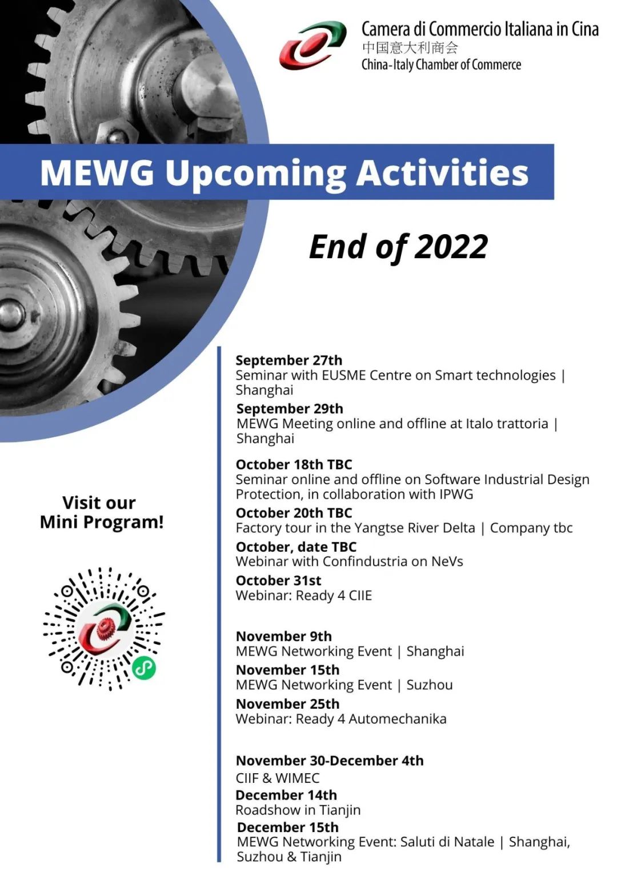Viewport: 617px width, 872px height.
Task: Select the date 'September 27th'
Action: click(289, 360)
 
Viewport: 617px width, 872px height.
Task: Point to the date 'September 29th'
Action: click(290, 409)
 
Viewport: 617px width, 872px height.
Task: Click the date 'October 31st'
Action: click(279, 580)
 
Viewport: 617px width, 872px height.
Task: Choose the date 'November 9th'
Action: click(284, 636)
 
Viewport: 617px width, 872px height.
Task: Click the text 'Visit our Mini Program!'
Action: click(102, 512)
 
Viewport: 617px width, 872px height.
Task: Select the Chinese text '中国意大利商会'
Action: click(410, 47)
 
